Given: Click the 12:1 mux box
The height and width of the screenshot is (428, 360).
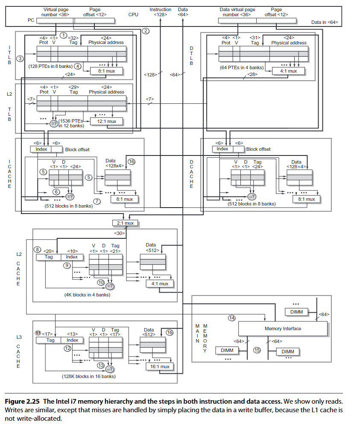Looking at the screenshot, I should [x=107, y=121].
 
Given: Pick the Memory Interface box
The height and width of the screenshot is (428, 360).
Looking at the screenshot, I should [x=282, y=328].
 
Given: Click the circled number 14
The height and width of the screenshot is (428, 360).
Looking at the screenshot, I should [x=232, y=318].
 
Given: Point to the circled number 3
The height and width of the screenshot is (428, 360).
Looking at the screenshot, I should [x=20, y=58].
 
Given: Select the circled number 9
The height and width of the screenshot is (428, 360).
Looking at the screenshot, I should [x=67, y=265].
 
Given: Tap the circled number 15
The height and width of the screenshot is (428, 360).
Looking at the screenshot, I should [x=257, y=350].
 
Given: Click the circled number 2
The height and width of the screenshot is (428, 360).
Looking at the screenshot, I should [x=145, y=31].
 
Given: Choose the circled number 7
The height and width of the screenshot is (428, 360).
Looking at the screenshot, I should [x=97, y=201].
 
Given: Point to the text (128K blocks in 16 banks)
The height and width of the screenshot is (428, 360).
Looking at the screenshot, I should [x=88, y=376].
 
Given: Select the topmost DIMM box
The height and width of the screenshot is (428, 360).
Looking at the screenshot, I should [x=296, y=312].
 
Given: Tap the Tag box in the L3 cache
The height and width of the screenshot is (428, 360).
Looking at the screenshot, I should [x=50, y=340].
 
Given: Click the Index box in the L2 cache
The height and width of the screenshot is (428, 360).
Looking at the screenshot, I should [x=72, y=257].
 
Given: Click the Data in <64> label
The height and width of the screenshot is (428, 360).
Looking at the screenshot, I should [x=325, y=22].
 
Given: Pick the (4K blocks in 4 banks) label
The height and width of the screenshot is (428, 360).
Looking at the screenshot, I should [x=87, y=295].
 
